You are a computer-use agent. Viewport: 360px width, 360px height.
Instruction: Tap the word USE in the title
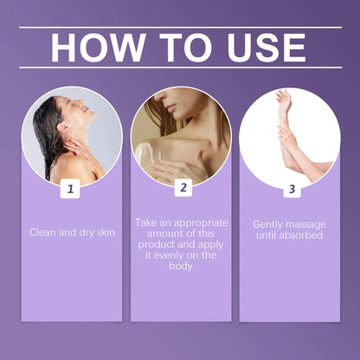point(267,48)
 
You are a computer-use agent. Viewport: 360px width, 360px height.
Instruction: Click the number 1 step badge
point(70,189)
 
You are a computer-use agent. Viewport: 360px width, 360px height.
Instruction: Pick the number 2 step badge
point(183,188)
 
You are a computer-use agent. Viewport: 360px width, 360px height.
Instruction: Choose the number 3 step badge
point(292,190)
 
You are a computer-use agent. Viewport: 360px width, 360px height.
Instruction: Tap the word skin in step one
point(106,233)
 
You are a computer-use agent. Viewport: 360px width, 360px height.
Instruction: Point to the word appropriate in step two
point(201,223)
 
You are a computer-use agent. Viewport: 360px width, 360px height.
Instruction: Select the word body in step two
point(181,266)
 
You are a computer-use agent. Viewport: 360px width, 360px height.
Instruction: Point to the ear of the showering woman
point(62,126)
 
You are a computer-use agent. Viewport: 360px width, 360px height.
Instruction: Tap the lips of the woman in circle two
point(171,108)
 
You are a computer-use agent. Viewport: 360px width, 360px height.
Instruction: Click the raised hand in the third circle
point(284,101)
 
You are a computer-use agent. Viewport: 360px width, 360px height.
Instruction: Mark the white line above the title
point(181,28)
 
